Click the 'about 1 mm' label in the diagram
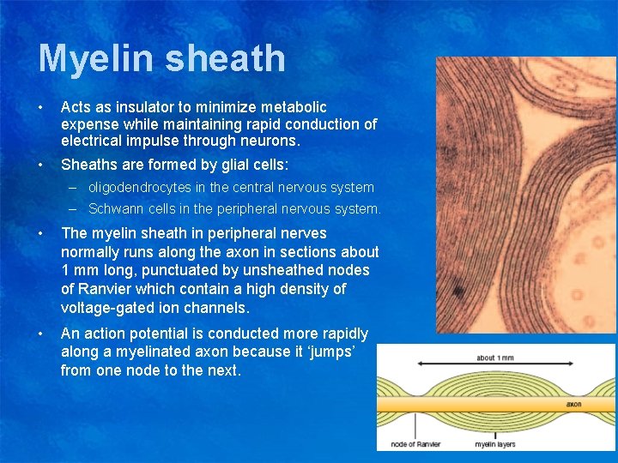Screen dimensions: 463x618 496,358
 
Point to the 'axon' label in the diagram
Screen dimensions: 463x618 573,403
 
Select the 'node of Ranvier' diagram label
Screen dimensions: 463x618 415,444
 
